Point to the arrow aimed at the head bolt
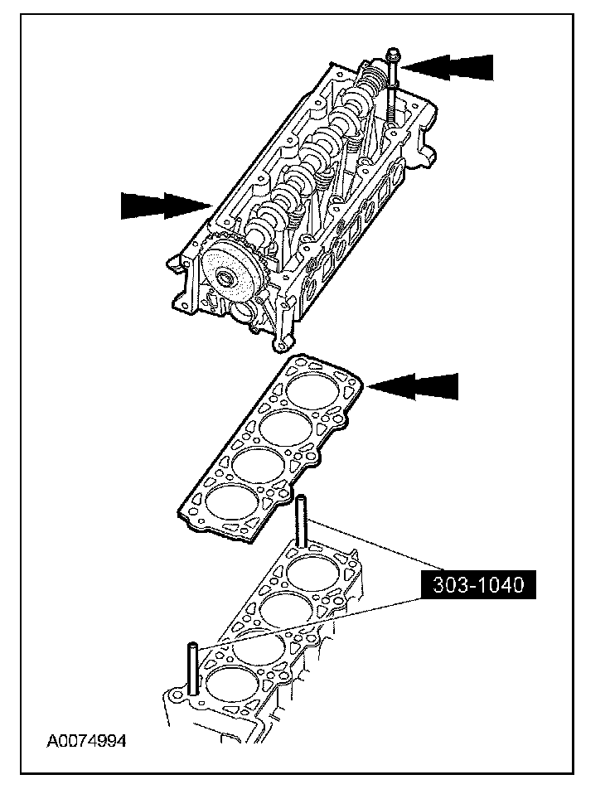point(451,65)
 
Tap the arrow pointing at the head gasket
point(414,385)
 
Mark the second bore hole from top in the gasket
point(286,427)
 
